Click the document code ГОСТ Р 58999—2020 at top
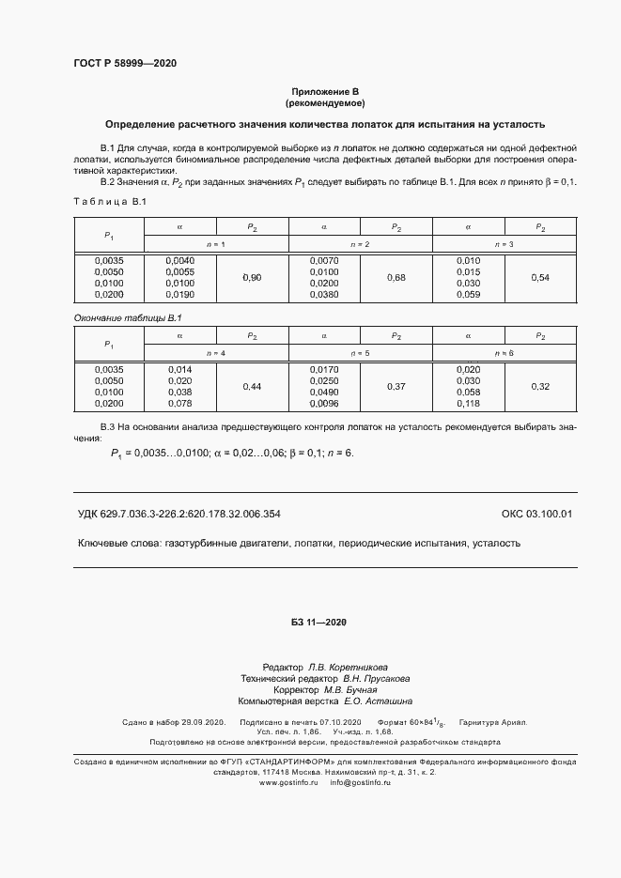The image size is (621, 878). (x=124, y=63)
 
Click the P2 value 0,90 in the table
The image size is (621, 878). (x=252, y=278)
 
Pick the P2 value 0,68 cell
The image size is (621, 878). (x=396, y=278)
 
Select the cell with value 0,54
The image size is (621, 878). (x=540, y=278)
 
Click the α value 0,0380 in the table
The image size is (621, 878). (x=323, y=295)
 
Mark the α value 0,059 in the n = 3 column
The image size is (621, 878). (x=467, y=295)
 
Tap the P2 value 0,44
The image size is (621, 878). (x=252, y=386)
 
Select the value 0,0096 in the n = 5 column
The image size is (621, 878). (x=323, y=403)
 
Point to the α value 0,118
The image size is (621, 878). (x=467, y=403)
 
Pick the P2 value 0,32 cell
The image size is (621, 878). (x=540, y=386)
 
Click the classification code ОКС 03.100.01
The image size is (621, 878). (x=536, y=514)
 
